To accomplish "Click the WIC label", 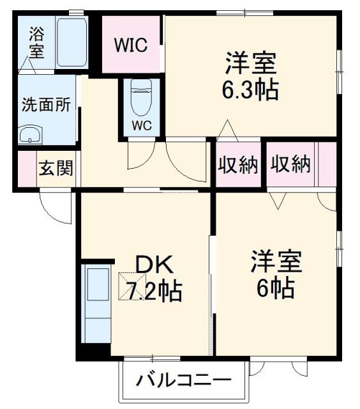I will pos(130,45).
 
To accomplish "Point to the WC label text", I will pos(142,125).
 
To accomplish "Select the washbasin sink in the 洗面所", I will pos(29,134).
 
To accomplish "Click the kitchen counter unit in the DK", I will pos(96,307).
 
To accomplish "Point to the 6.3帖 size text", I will pos(250,90).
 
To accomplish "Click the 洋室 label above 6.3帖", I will pos(250,64).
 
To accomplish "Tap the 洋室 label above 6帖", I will pos(276,262).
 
